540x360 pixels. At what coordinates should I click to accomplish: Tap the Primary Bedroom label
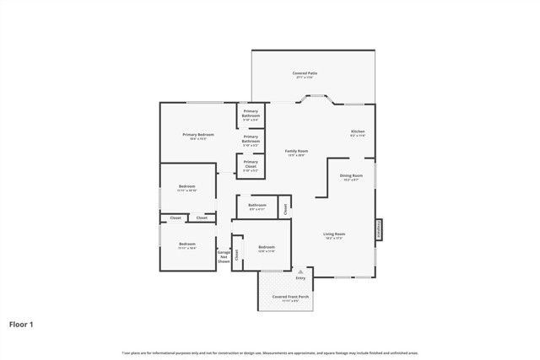[x=198, y=136]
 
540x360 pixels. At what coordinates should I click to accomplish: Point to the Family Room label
[x=296, y=152]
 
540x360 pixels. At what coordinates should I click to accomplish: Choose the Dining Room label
[x=352, y=177]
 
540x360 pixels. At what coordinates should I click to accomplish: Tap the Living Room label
[x=334, y=235]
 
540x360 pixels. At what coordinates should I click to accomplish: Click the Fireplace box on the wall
[x=379, y=229]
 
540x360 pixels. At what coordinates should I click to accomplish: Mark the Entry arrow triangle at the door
[x=300, y=271]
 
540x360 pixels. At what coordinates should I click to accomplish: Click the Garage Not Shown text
[x=224, y=257]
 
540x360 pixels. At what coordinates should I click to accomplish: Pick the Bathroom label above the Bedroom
[x=257, y=206]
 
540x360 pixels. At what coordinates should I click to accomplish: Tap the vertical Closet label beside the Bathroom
[x=286, y=204]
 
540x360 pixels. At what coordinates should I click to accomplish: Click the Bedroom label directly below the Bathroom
[x=267, y=247]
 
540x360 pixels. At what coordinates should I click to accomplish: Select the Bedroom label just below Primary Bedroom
[x=187, y=187]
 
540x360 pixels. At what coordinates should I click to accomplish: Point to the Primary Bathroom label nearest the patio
[x=251, y=114]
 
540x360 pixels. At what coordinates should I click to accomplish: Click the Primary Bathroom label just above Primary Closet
[x=251, y=140]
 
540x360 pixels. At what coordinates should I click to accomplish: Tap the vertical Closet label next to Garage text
[x=237, y=253]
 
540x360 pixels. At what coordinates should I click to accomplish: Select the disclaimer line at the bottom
[x=270, y=352]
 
